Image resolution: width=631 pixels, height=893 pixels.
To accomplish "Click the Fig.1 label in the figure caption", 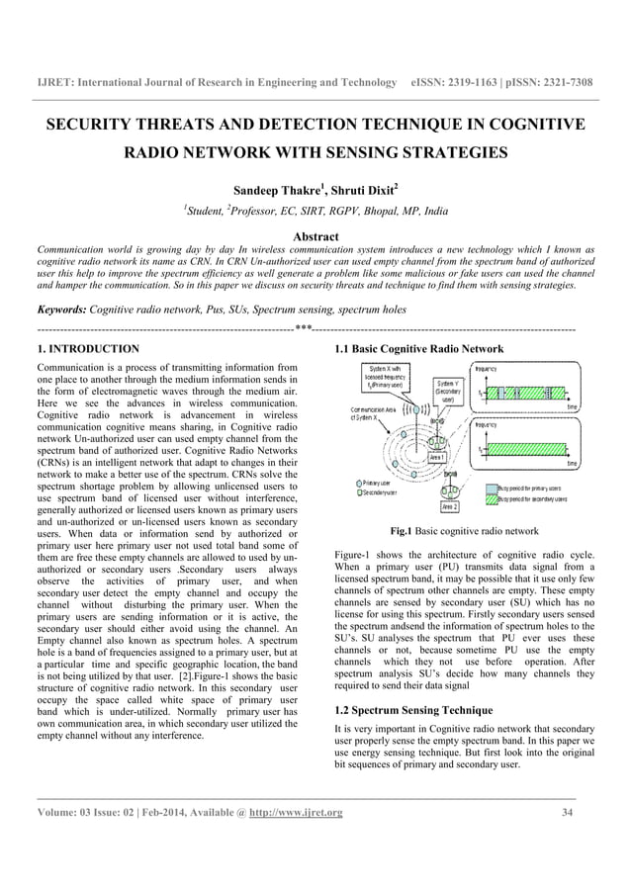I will [x=403, y=531].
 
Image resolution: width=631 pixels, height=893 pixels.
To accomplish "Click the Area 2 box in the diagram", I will [x=448, y=505].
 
